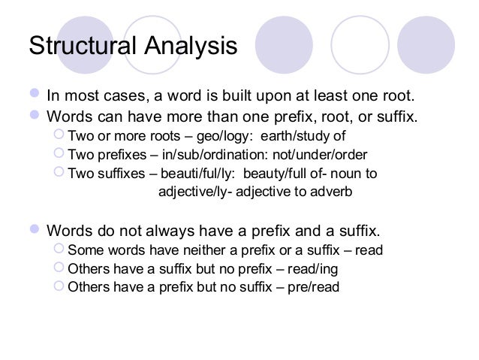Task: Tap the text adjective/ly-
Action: tap(197, 192)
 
